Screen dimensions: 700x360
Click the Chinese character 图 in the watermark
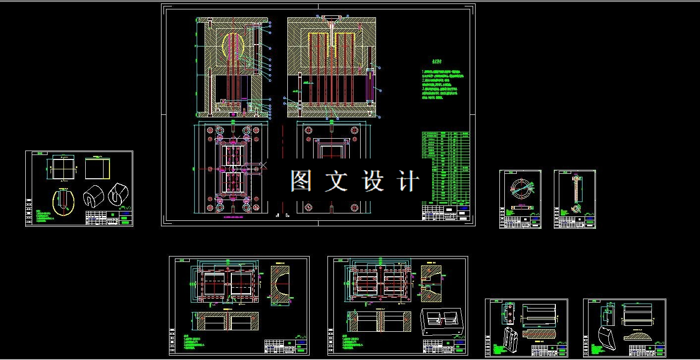(x=301, y=181)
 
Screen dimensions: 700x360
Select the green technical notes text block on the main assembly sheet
(x=443, y=85)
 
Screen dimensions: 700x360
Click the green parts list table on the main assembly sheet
(x=446, y=168)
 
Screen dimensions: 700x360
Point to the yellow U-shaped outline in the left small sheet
(x=63, y=203)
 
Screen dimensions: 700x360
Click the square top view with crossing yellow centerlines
(x=61, y=168)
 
